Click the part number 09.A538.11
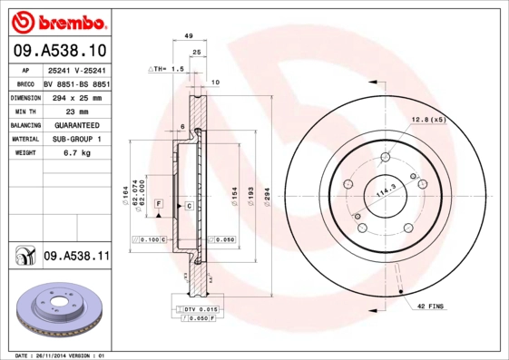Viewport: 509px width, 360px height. coord(75,257)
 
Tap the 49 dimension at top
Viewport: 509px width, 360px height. coord(189,35)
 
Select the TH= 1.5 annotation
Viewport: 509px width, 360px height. coord(167,69)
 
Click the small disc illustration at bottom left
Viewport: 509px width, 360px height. coord(55,310)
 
